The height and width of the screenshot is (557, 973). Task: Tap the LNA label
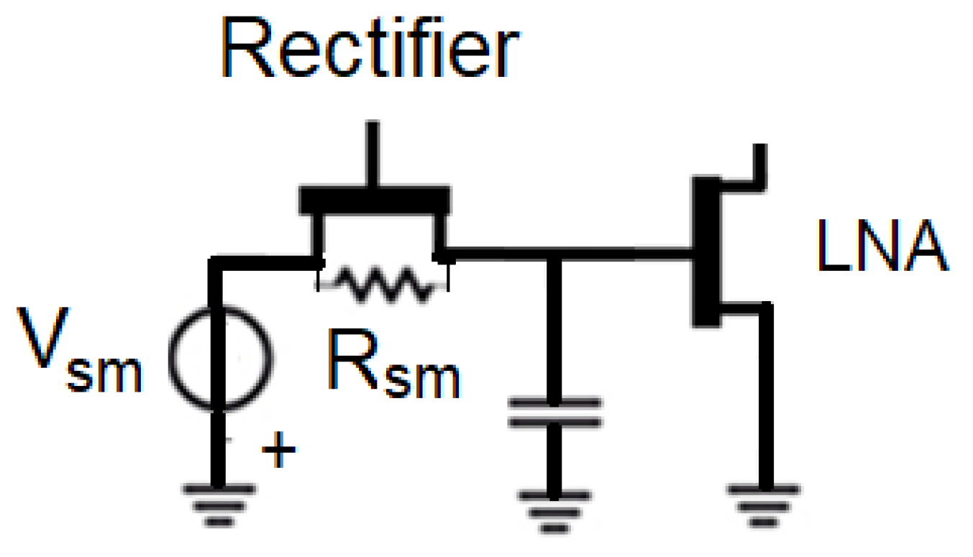coord(881,247)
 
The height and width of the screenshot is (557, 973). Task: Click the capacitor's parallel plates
coord(553,413)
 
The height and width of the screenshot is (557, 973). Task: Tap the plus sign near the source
coord(278,453)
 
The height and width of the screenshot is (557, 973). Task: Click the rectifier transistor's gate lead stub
coord(372,155)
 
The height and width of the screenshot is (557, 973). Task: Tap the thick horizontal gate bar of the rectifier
coord(375,199)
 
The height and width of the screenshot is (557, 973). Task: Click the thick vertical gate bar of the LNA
coord(705,252)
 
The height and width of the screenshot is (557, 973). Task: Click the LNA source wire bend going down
coord(765,310)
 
